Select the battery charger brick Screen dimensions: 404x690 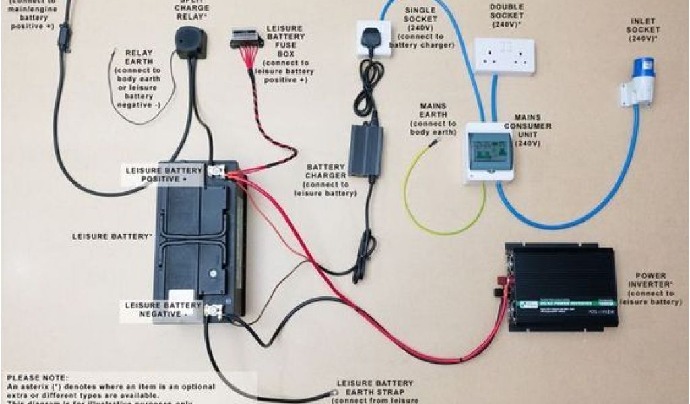tap(365, 150)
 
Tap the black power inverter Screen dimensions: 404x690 tap(563, 288)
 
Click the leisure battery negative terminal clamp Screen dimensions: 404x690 tap(214, 310)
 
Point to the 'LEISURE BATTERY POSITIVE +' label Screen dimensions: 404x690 tap(163, 175)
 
